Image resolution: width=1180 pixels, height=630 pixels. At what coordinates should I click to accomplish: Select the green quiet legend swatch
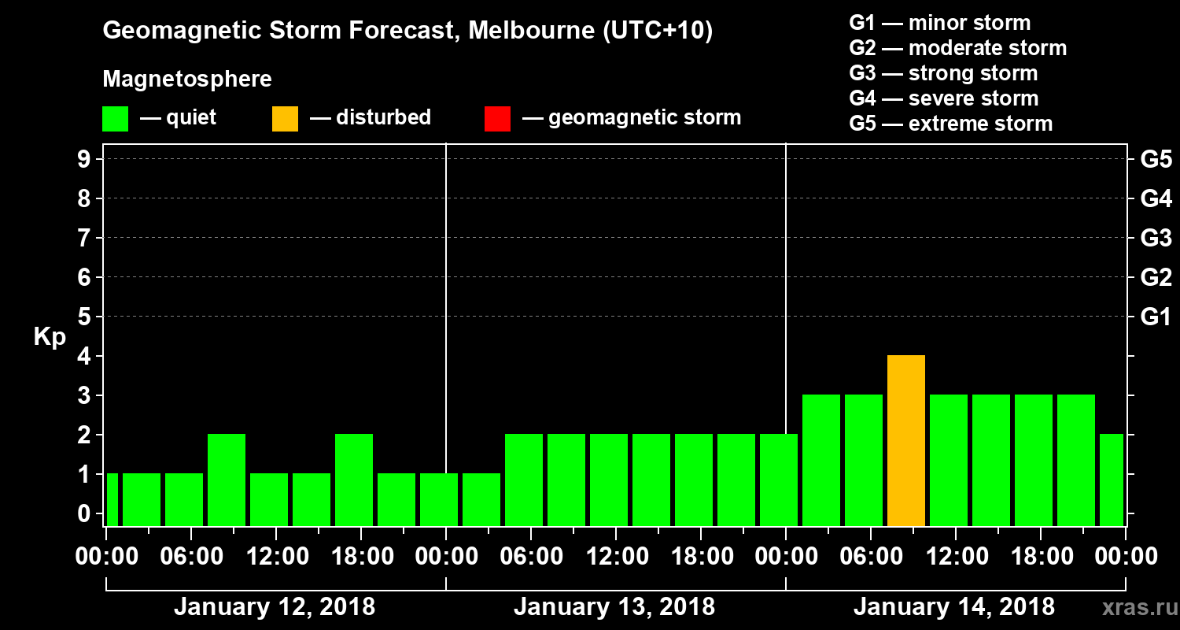click(x=115, y=119)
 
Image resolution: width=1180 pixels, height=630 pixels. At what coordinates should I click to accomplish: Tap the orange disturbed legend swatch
click(x=285, y=119)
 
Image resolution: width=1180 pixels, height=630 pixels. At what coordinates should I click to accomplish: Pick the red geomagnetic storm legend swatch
click(x=497, y=119)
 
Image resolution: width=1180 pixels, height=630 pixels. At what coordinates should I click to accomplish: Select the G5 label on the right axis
click(x=1156, y=160)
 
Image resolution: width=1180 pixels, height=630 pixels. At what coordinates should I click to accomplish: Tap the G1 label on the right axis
click(x=1156, y=317)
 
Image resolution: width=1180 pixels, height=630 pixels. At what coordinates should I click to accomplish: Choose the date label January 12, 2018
click(x=275, y=607)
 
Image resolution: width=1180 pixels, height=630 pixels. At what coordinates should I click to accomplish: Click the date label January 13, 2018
click(x=614, y=607)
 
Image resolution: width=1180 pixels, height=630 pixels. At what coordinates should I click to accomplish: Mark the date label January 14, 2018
click(x=954, y=607)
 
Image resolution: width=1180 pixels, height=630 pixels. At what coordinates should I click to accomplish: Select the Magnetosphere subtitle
click(x=187, y=80)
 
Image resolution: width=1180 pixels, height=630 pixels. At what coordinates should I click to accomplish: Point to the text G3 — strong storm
click(x=943, y=73)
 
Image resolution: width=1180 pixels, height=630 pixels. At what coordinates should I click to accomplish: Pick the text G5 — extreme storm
click(x=950, y=124)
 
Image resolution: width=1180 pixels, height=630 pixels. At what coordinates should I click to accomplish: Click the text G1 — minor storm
click(x=939, y=23)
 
